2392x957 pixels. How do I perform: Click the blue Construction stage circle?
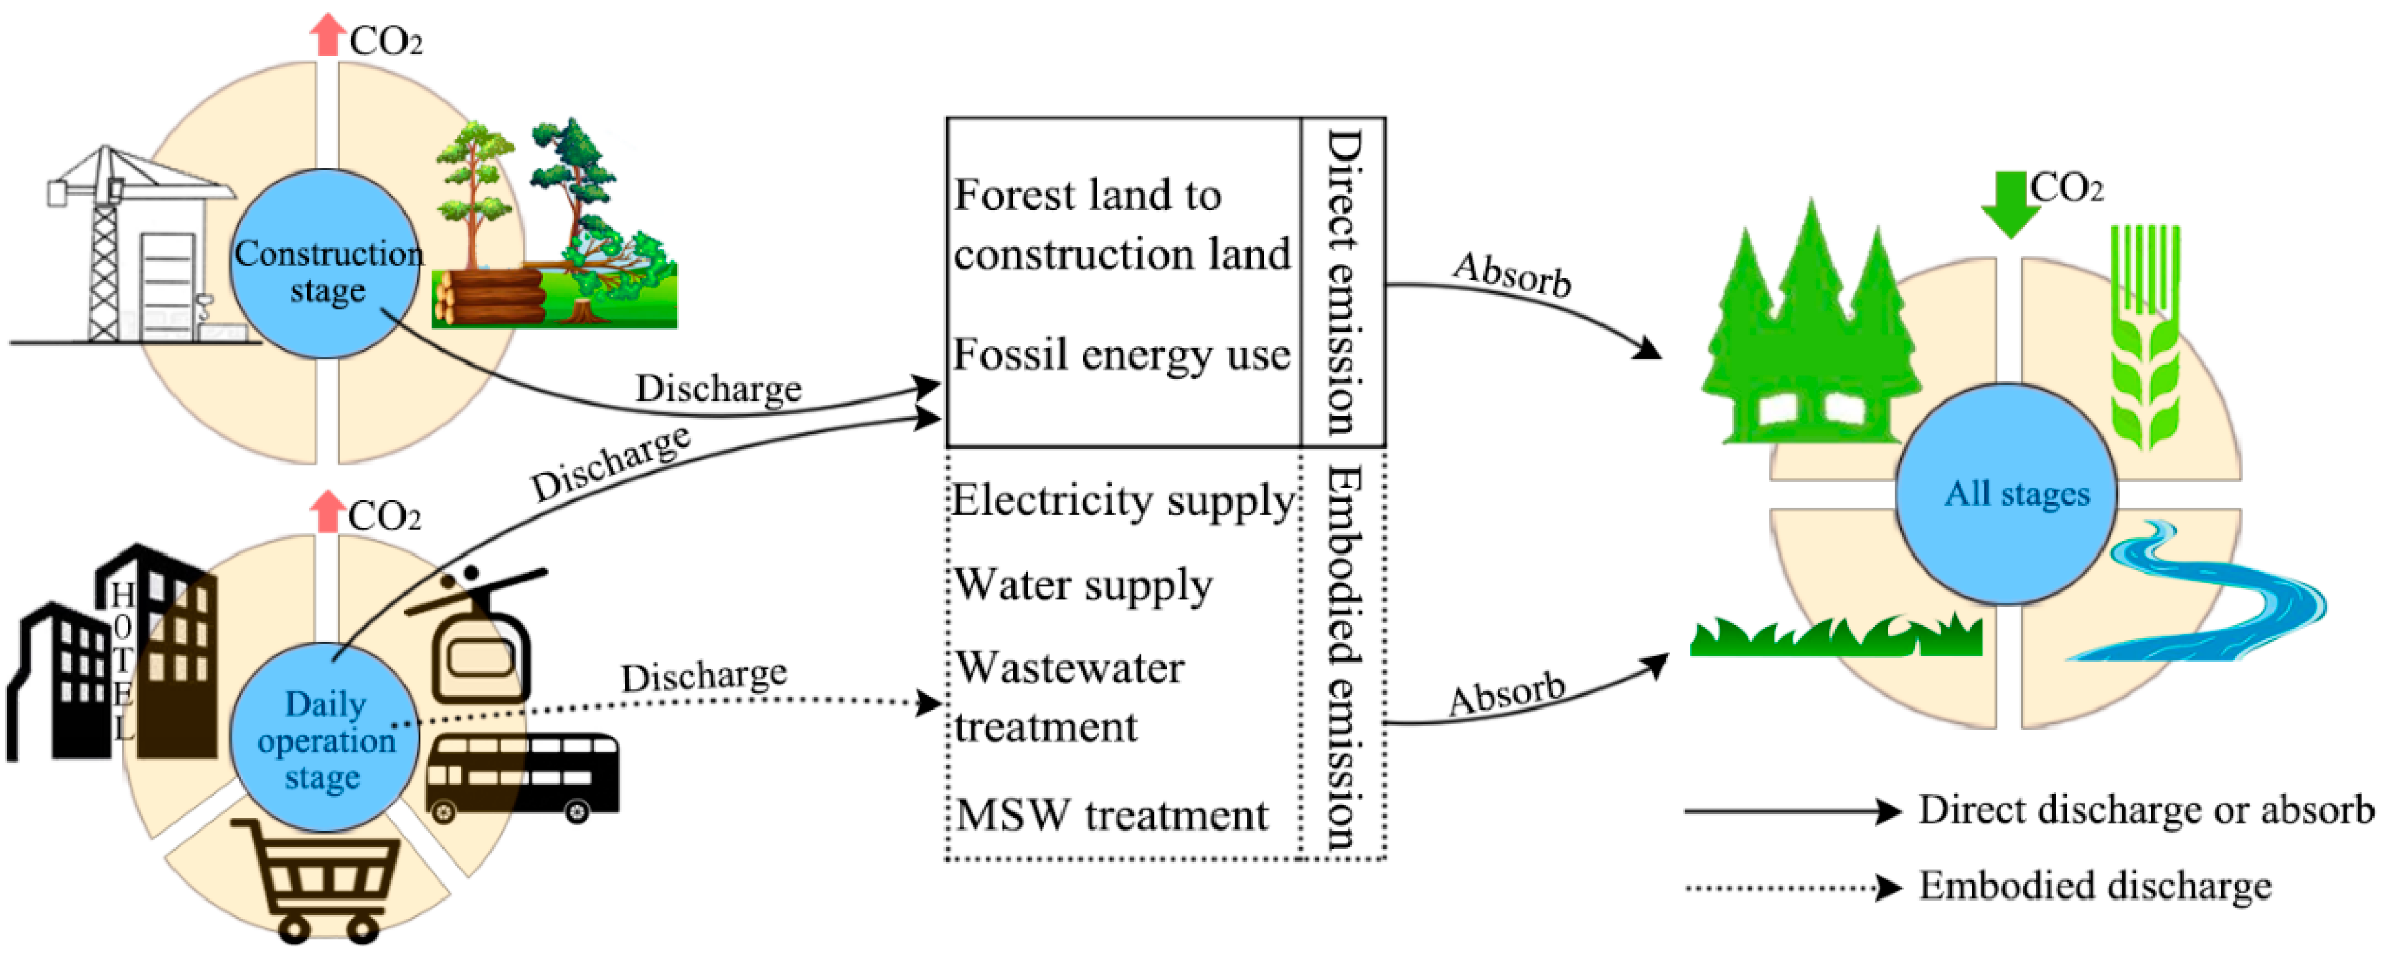pos(324,264)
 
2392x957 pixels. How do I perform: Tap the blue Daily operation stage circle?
pos(324,738)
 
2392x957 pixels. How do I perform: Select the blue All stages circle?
pos(2006,494)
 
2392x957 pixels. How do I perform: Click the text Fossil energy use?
pos(1121,354)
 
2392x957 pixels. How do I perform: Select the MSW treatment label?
pos(1112,816)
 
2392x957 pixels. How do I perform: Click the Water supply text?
pos(1083,585)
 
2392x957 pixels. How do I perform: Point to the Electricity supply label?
pos(1122,501)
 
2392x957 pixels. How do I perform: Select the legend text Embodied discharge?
pos(2094,886)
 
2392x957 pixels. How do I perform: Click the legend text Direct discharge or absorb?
pos(2145,810)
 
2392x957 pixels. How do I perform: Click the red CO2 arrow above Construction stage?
pos(327,34)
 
